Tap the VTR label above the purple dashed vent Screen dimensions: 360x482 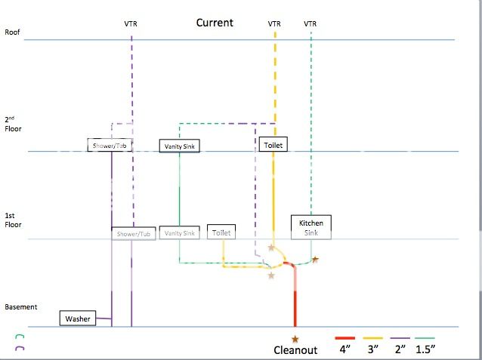(131, 24)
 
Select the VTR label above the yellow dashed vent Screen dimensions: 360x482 (274, 24)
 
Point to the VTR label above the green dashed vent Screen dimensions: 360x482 (311, 24)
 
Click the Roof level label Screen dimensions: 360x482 (13, 32)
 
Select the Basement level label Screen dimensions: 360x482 (21, 307)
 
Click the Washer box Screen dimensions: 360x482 (78, 319)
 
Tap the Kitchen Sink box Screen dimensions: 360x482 (311, 228)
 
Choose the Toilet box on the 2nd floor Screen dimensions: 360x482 (273, 144)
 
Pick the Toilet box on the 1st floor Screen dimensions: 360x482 (222, 234)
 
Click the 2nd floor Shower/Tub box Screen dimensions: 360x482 (111, 146)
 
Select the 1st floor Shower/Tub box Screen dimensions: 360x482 (134, 234)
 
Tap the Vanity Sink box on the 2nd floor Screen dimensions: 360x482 (180, 146)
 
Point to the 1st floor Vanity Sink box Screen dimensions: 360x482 (180, 234)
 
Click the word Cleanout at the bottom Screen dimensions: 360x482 (295, 350)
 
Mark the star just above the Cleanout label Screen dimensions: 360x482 (295, 339)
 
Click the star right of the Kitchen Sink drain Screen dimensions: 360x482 (315, 260)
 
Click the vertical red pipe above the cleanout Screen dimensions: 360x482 (295, 302)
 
